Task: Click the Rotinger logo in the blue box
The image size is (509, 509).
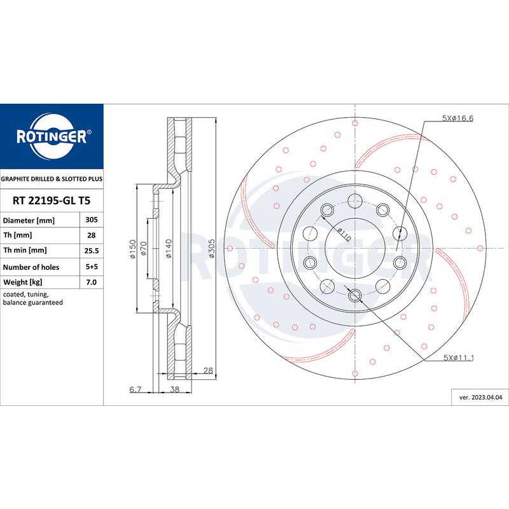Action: coord(52,136)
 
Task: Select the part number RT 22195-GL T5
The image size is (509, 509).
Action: coord(52,200)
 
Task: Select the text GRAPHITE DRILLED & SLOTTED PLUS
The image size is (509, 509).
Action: coord(52,180)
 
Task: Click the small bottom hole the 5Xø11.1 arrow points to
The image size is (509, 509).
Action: coord(355,294)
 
